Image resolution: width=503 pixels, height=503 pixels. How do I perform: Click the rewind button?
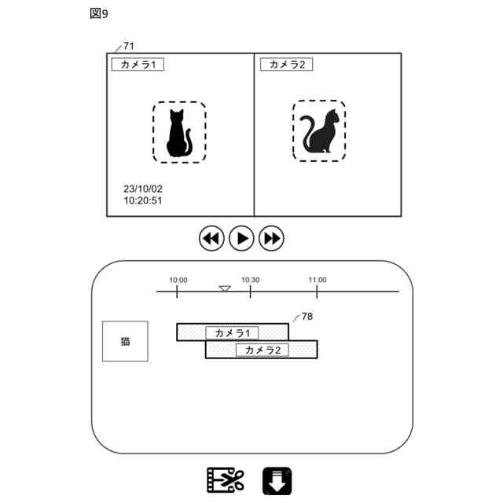point(211,237)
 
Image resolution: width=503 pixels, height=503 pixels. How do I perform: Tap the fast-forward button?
point(271,237)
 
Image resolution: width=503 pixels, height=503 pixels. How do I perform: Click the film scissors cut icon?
point(226,479)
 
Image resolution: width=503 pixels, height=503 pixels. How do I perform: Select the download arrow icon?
point(277,480)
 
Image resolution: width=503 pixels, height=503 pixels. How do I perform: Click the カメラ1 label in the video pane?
point(138,64)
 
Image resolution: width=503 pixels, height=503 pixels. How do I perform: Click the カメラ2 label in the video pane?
point(286,64)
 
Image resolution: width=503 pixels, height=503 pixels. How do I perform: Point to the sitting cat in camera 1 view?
point(179,133)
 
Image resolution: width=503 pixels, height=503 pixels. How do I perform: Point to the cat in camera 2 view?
point(319,131)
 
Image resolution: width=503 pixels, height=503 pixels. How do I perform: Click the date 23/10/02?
point(143,189)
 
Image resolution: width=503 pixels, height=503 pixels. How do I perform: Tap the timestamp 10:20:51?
point(143,201)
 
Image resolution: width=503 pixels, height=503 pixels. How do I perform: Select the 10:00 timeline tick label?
point(178,280)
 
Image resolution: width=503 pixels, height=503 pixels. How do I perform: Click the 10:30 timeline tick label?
point(250,280)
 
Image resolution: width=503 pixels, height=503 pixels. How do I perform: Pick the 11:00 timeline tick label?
point(318,280)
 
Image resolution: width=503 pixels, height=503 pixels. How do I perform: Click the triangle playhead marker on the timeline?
point(225,289)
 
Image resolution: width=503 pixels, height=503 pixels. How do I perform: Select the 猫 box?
point(125,341)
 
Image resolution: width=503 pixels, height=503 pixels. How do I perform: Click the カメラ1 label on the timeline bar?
point(232,333)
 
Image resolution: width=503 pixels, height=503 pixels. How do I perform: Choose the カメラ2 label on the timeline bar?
point(263,351)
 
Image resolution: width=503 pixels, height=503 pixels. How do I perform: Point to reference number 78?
point(307,316)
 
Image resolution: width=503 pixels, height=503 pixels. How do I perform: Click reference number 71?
point(129,46)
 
